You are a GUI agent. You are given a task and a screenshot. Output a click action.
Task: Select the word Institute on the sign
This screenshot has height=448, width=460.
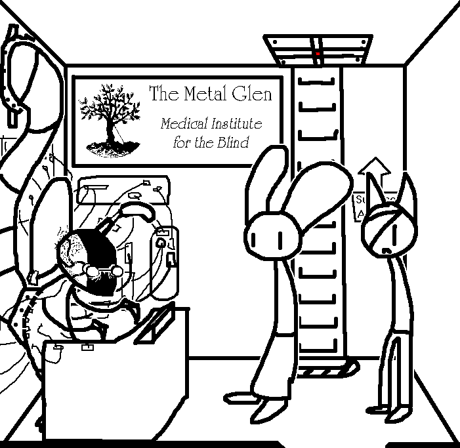tap(234, 123)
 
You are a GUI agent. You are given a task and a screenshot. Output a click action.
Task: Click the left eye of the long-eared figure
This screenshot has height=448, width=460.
tap(262, 235)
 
